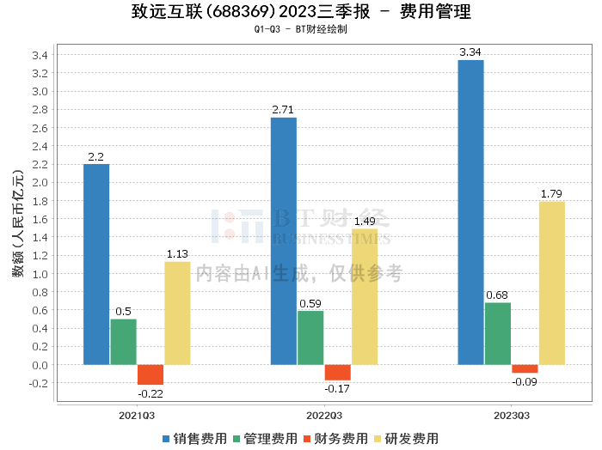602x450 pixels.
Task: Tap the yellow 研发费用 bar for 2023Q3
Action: click(x=551, y=283)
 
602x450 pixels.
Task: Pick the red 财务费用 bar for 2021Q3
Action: click(x=150, y=374)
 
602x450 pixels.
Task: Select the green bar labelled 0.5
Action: click(x=124, y=342)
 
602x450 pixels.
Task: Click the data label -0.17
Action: click(x=337, y=389)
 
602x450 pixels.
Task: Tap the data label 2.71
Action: click(x=284, y=110)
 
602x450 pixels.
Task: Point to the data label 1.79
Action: click(x=551, y=193)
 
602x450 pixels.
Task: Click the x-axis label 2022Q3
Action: click(x=323, y=415)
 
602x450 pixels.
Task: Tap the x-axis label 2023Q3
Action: click(x=511, y=415)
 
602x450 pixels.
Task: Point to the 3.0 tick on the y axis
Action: click(x=40, y=92)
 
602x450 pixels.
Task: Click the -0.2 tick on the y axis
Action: click(x=38, y=383)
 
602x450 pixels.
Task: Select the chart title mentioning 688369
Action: click(x=301, y=12)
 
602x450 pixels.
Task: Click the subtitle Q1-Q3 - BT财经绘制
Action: click(x=301, y=29)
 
